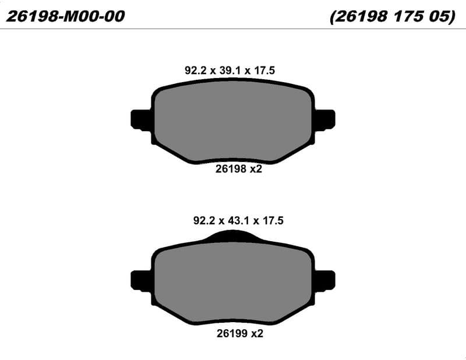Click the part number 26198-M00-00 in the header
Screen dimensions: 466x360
coord(65,16)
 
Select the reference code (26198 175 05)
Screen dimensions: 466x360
coord(393,16)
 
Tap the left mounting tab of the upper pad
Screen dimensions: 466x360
coord(141,119)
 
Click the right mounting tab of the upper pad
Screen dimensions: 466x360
coord(325,119)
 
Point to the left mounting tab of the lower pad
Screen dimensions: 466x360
coord(141,281)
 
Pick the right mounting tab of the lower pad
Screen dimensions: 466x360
coord(325,281)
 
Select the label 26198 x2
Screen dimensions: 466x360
coord(239,169)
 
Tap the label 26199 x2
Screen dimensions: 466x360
coord(240,334)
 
